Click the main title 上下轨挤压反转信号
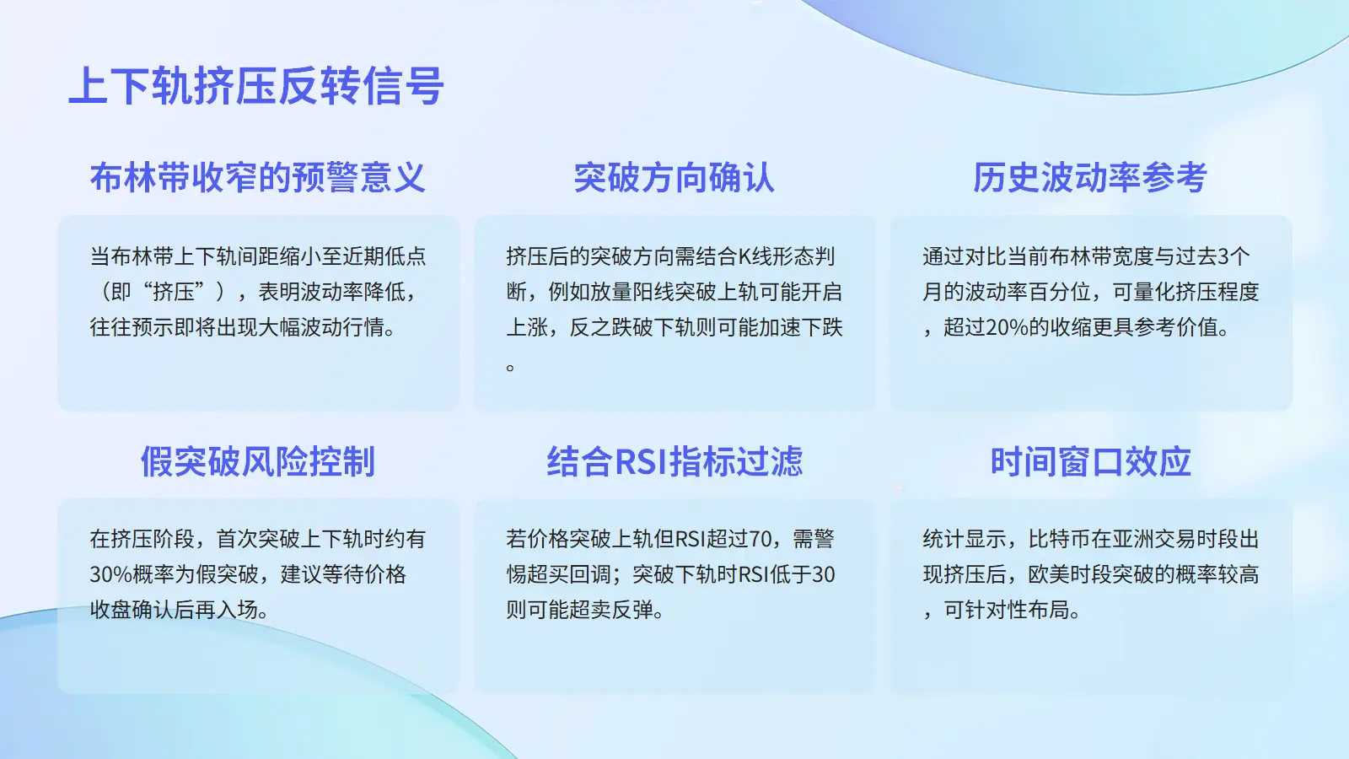256,86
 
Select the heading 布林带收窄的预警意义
258,178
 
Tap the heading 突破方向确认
674,178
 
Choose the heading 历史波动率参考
1090,178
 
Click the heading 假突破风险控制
258,461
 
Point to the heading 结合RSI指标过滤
674,461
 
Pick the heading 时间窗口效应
1091,461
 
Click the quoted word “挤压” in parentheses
174,292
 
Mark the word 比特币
1059,539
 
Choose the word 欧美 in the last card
1049,574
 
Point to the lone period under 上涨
510,366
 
